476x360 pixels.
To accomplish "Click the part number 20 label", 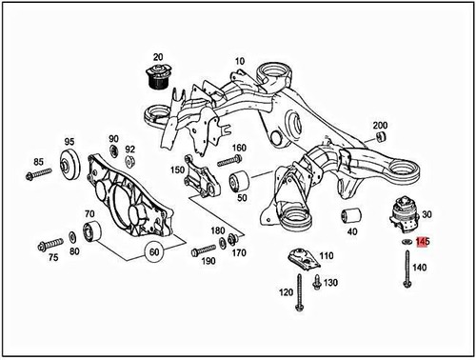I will (157, 57).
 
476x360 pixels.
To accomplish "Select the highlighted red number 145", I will (423, 243).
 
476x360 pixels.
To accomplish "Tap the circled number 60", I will (153, 251).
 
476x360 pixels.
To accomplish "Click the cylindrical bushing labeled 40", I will (350, 212).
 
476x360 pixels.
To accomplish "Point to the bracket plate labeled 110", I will (300, 259).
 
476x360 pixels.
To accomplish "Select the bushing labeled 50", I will (242, 180).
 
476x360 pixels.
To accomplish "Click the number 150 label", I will (177, 170).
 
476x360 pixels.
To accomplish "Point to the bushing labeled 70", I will (94, 230).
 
